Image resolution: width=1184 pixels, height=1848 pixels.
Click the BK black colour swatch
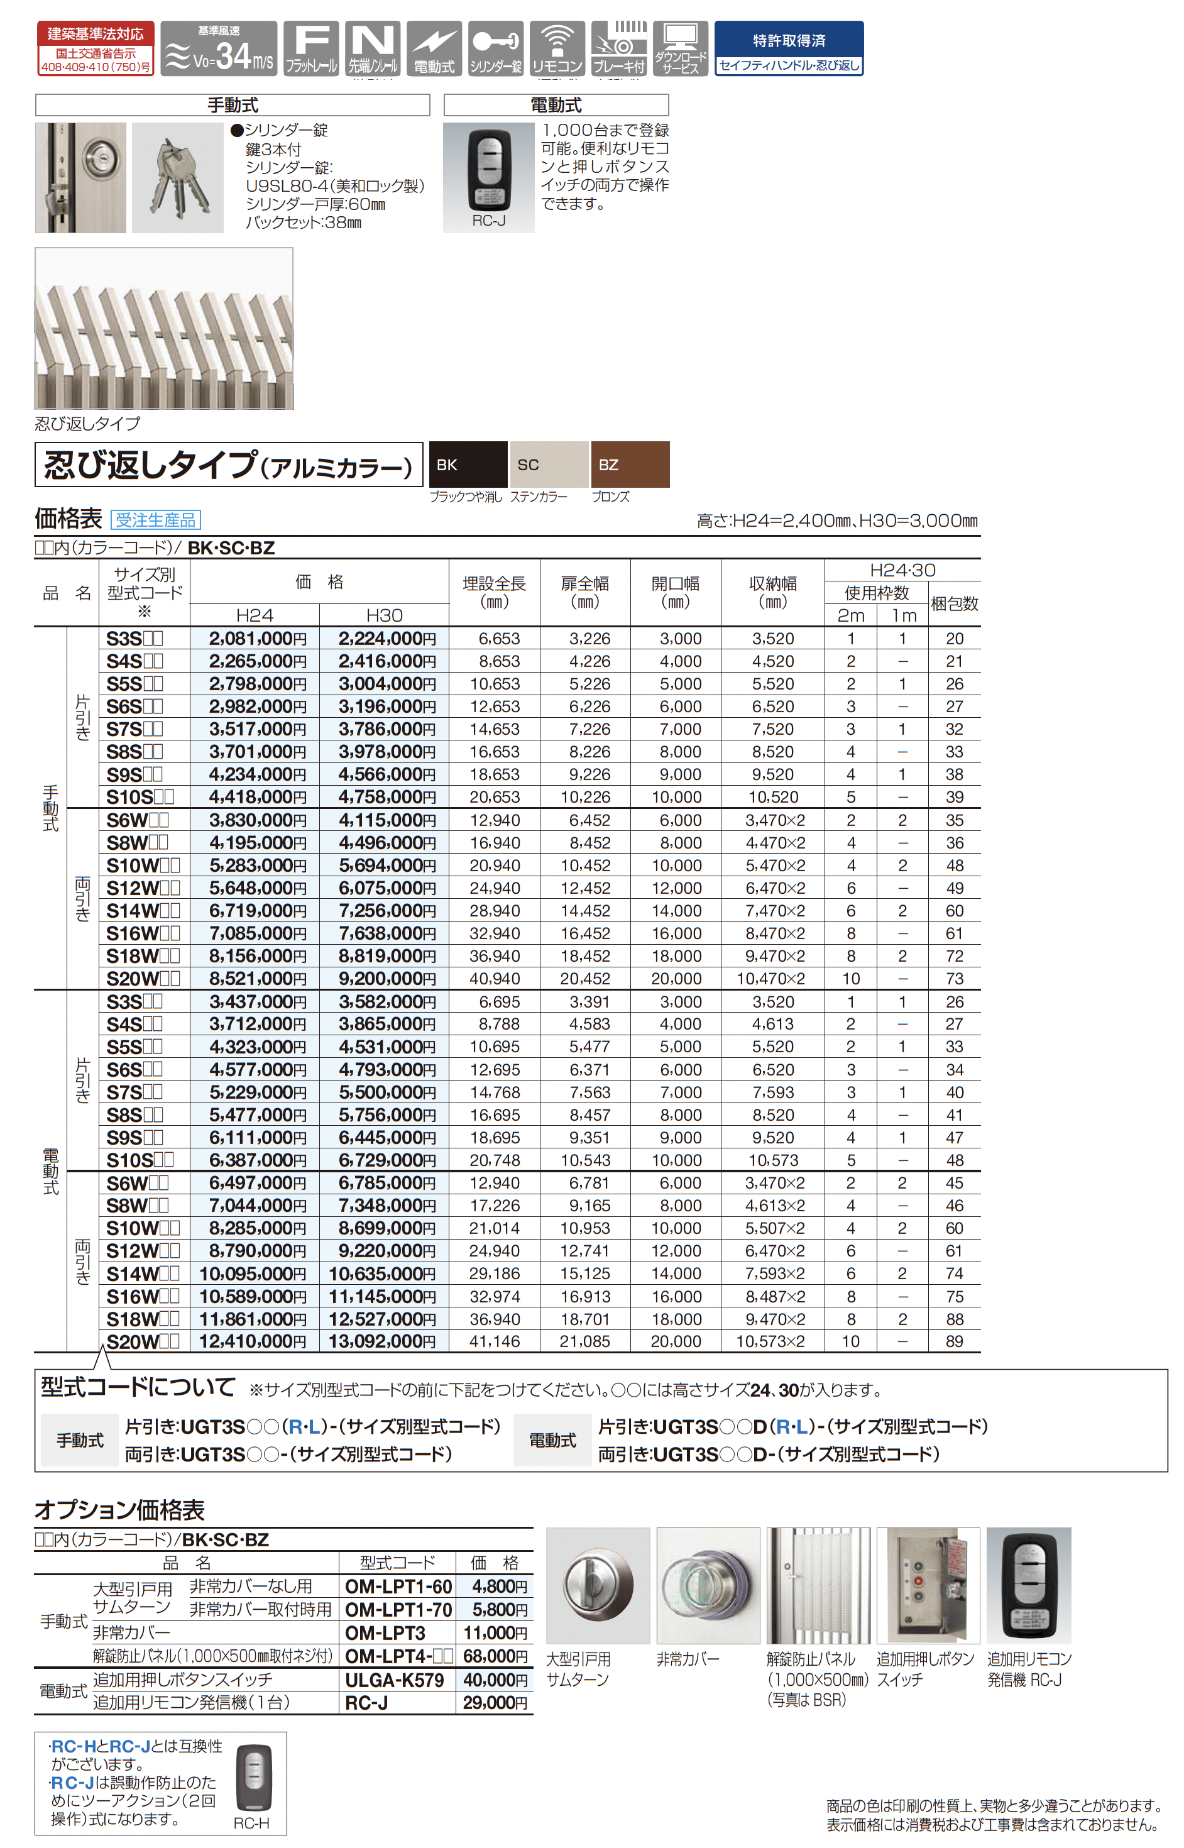pyautogui.click(x=468, y=464)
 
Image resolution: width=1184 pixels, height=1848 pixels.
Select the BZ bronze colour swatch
pyautogui.click(x=630, y=464)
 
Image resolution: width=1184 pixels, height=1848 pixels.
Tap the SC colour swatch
pyautogui.click(x=549, y=464)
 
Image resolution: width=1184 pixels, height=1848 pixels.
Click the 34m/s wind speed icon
pyautogui.click(x=219, y=48)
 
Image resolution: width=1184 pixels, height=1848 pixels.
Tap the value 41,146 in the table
pyautogui.click(x=495, y=1341)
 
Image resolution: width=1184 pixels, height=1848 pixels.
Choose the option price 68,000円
pyautogui.click(x=495, y=1656)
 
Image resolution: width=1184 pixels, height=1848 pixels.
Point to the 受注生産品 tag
pyautogui.click(x=155, y=520)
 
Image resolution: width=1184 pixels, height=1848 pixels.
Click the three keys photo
pyautogui.click(x=178, y=178)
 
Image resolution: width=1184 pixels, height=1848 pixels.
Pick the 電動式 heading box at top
pyautogui.click(x=556, y=104)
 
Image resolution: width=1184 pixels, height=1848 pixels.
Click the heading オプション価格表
pyautogui.click(x=119, y=1510)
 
